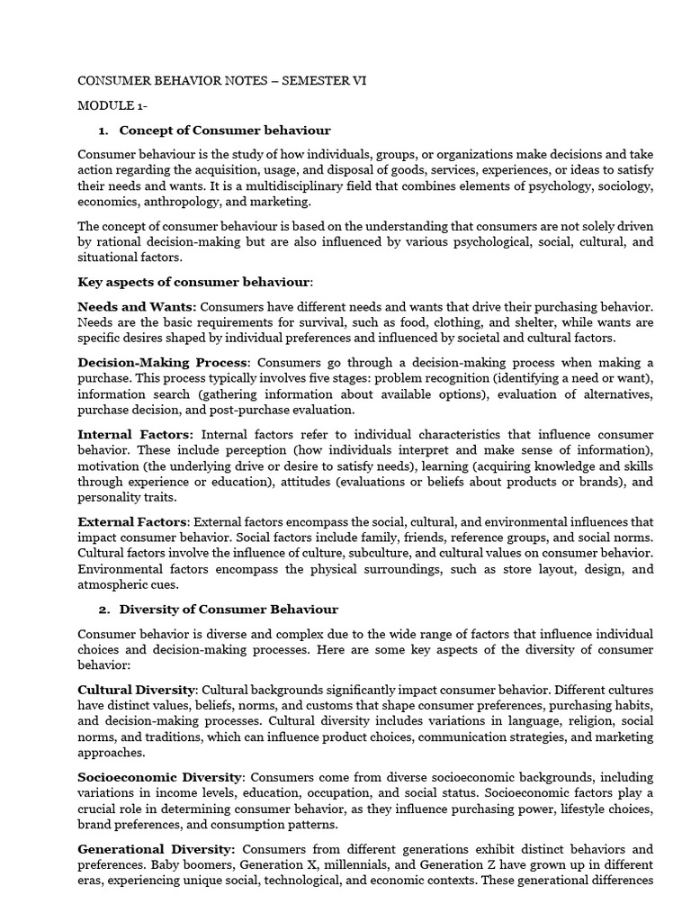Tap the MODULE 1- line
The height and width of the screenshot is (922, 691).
coord(112,106)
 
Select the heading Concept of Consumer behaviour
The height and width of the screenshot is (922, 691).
coord(225,131)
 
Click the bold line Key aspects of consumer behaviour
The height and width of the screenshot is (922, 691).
coord(195,282)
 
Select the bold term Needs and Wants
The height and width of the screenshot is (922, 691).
coord(137,307)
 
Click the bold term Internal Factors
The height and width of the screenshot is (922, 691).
coord(136,434)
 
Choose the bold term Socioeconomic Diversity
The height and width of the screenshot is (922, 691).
coord(160,777)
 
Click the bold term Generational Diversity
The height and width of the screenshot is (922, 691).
coord(157,849)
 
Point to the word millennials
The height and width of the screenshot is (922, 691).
coord(313,864)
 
